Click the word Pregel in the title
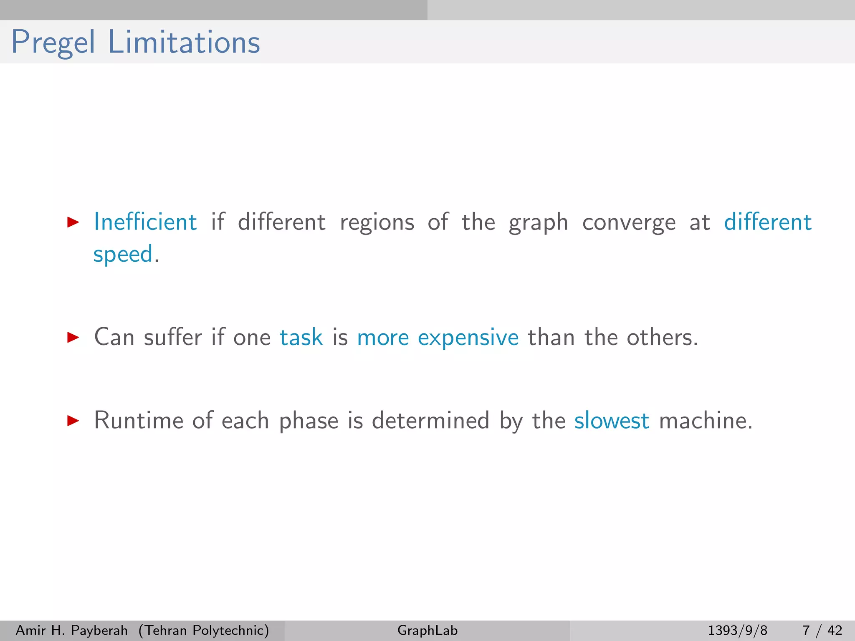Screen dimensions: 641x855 [53, 43]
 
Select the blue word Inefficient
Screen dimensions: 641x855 [145, 222]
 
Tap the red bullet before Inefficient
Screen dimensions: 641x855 [73, 222]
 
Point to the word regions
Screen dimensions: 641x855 [377, 222]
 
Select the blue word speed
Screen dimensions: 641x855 [123, 254]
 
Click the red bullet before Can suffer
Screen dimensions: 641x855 [73, 337]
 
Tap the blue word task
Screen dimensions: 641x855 [301, 337]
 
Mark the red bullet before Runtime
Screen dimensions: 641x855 [73, 420]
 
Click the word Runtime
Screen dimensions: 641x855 [138, 420]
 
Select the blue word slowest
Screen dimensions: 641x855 [612, 420]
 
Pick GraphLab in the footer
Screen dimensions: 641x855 [427, 630]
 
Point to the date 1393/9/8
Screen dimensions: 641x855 [737, 630]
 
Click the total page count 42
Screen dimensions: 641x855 [835, 630]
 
